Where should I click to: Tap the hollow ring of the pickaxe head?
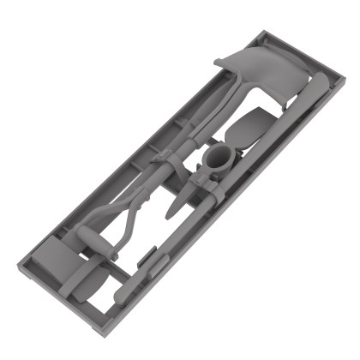(x=218, y=159)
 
